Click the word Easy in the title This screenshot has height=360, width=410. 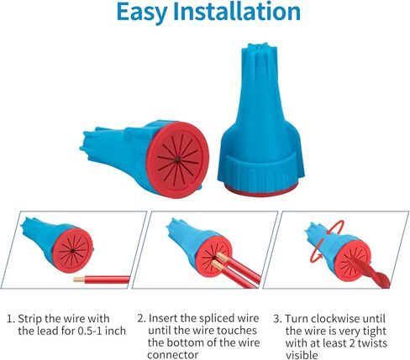click(x=141, y=13)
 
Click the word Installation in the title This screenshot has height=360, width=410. click(x=237, y=11)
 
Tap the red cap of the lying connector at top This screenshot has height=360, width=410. click(x=177, y=160)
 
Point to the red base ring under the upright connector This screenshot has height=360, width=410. click(x=260, y=190)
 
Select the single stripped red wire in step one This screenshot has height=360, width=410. click(x=102, y=279)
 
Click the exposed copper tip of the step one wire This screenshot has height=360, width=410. click(x=79, y=279)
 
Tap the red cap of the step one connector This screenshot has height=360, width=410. click(x=73, y=250)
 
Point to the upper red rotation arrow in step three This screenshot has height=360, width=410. click(x=336, y=226)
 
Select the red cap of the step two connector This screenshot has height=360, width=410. click(x=212, y=258)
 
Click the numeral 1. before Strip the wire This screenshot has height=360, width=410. click(x=11, y=319)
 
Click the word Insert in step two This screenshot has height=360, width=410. click(x=162, y=318)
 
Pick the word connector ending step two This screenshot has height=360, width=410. click(x=173, y=355)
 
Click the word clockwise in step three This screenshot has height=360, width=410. click(x=335, y=319)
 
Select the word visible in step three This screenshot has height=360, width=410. click(x=302, y=355)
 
